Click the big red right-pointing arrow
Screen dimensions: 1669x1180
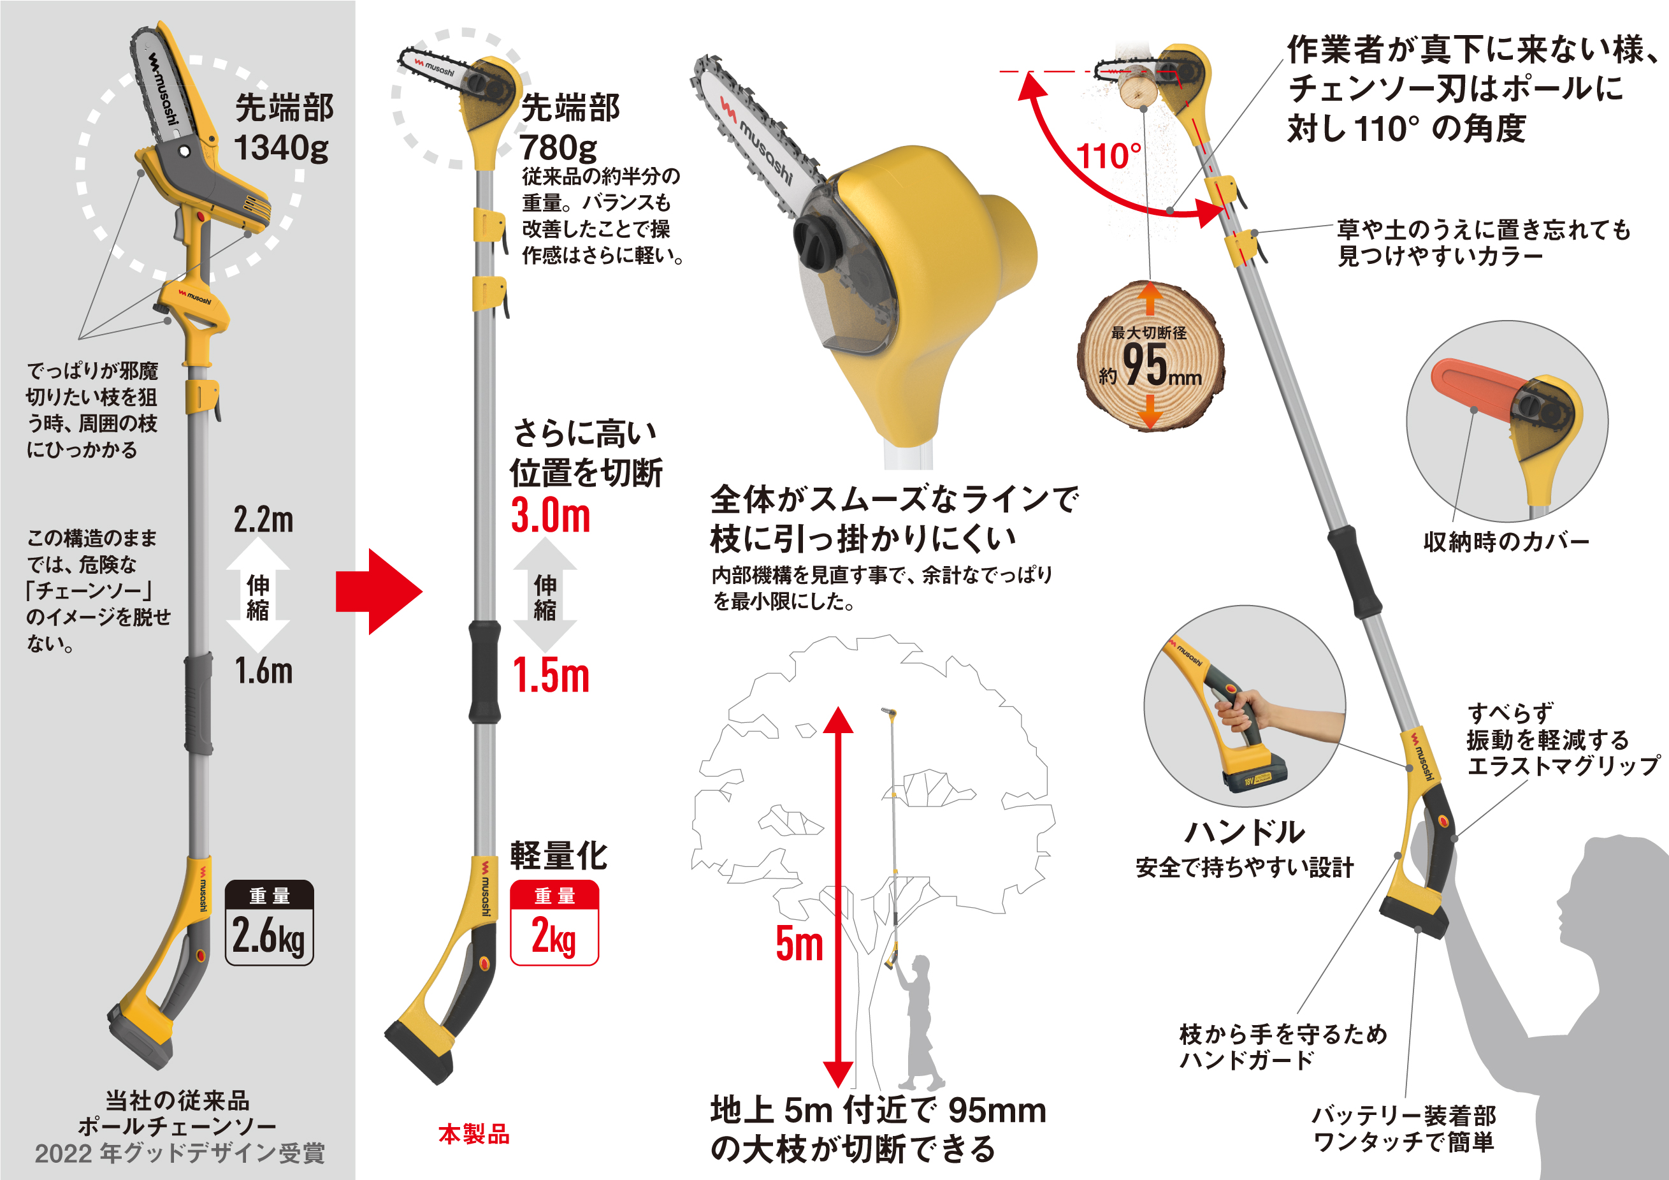pos(378,591)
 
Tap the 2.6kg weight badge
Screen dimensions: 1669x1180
pos(269,922)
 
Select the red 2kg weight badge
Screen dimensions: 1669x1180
pos(554,922)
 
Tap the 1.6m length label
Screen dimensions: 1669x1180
pos(263,671)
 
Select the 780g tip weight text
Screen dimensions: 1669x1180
pos(558,148)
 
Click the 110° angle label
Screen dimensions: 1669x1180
pos(1109,156)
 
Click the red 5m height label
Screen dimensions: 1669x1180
pos(799,943)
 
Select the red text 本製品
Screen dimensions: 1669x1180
pos(474,1133)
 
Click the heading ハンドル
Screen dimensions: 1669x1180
pos(1245,832)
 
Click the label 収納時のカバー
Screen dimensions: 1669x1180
pos(1505,542)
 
